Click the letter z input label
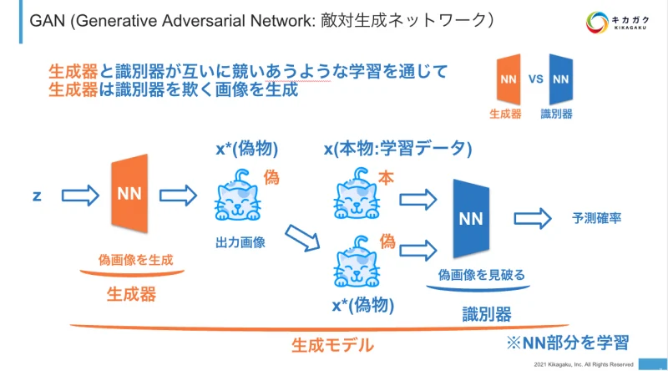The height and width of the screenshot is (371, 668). [38, 196]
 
